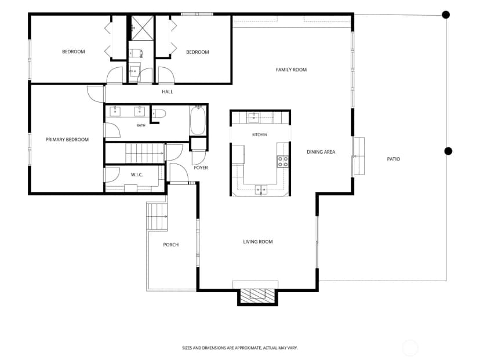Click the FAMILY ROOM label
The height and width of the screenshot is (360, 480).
click(x=291, y=70)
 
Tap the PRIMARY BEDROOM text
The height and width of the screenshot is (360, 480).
click(x=67, y=140)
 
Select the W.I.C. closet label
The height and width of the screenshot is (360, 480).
click(x=137, y=175)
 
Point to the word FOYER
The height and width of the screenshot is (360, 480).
click(x=201, y=168)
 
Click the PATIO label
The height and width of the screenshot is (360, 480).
click(x=394, y=159)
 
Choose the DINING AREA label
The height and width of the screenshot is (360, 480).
click(x=321, y=152)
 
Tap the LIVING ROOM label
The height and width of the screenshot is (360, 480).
click(x=258, y=242)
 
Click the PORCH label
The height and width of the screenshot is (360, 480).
click(x=171, y=245)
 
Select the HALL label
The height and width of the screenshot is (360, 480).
click(x=168, y=92)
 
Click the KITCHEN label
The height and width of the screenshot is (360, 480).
click(x=260, y=134)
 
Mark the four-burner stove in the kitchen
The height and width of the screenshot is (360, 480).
click(x=282, y=162)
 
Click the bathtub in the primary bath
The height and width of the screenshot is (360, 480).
click(x=198, y=121)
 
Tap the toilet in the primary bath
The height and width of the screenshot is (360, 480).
click(x=159, y=114)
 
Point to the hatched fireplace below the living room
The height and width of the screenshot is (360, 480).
click(x=257, y=296)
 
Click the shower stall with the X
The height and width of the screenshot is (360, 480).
click(x=143, y=28)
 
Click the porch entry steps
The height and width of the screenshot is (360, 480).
click(x=157, y=216)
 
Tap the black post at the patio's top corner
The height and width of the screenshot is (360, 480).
click(x=446, y=14)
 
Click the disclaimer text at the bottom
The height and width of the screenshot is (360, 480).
click(x=239, y=348)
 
